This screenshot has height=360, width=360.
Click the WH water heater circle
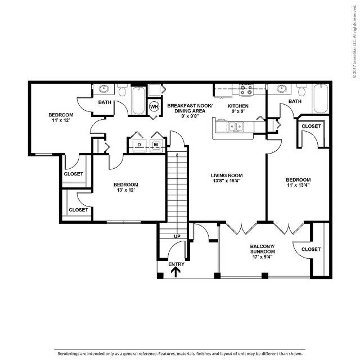(154, 106)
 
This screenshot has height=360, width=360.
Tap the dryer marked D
(139, 145)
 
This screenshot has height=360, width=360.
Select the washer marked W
(156, 145)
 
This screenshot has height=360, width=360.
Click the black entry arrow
(176, 273)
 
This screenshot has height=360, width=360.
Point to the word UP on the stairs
(177, 236)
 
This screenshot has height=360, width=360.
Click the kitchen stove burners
(246, 90)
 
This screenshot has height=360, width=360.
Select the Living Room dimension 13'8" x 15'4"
(227, 181)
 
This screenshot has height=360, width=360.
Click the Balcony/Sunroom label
(263, 249)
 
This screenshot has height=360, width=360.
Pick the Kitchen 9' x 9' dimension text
(238, 111)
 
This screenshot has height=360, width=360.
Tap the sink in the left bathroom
(105, 89)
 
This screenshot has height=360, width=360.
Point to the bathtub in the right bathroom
(321, 99)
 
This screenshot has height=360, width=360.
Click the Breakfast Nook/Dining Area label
(190, 109)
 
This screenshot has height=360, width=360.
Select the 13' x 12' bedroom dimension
(125, 190)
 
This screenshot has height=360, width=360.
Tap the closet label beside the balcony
(311, 249)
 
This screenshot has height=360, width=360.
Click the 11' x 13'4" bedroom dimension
(298, 185)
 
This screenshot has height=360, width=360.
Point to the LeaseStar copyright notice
(355, 42)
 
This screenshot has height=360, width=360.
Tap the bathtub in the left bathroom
(138, 101)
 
